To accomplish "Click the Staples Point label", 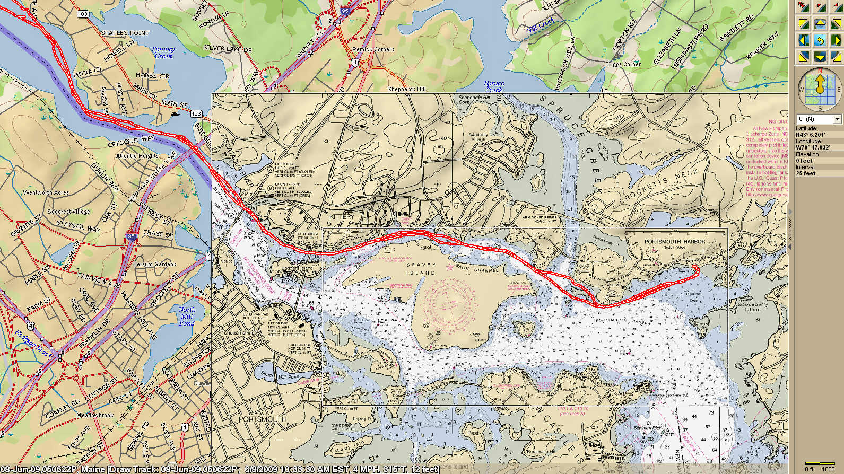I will tap(125, 33).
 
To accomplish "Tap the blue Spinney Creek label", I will tap(163, 52).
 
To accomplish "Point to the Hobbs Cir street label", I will tap(152, 76).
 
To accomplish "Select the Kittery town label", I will tap(342, 217).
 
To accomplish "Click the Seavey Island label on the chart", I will tap(421, 268).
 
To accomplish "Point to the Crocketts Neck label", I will tap(659, 185).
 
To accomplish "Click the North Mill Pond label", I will tap(187, 316).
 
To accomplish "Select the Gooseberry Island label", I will tap(753, 307).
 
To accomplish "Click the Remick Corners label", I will tap(373, 49).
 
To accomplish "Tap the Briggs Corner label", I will tap(623, 64).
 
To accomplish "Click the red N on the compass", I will tap(820, 71).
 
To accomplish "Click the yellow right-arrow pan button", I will tap(837, 40).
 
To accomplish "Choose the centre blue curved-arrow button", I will tap(820, 40).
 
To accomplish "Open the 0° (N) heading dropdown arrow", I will tap(837, 119).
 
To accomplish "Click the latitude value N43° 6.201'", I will tap(811, 135).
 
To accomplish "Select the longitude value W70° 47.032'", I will tap(813, 147).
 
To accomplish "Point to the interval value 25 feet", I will tap(805, 173).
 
